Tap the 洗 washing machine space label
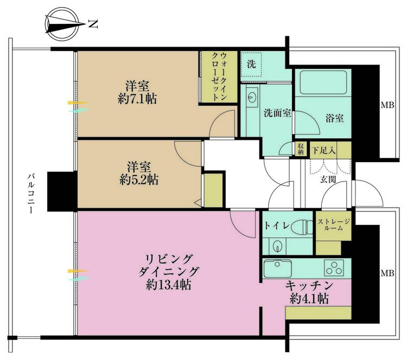[251, 63]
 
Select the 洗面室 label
[277, 114]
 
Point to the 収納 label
[300, 148]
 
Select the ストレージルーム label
[334, 224]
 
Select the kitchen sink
[277, 267]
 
